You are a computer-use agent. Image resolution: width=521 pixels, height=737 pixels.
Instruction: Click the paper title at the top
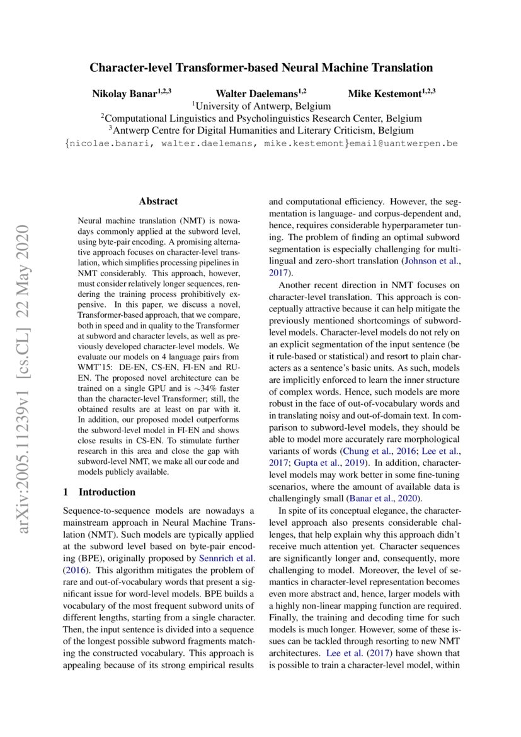[x=261, y=67]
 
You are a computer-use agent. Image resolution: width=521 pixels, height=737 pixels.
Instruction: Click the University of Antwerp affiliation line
[x=261, y=106]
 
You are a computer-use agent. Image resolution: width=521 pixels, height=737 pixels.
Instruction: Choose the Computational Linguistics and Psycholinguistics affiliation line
[x=261, y=119]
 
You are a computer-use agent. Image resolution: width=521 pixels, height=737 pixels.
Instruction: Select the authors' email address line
[x=261, y=144]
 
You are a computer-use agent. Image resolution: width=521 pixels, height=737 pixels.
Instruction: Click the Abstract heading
[x=158, y=201]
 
